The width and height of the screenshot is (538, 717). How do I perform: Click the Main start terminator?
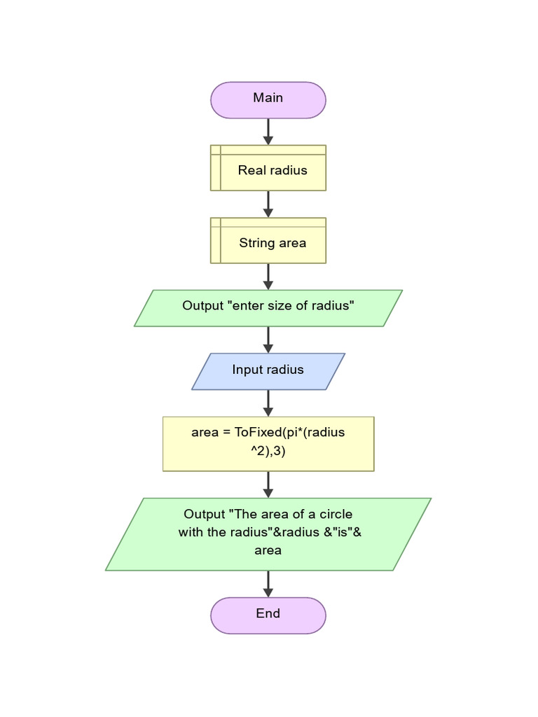[x=268, y=99]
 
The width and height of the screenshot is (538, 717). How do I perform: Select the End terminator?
[x=268, y=615]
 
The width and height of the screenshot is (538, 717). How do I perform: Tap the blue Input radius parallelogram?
[x=268, y=371]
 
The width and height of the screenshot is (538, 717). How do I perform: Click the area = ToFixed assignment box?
[x=268, y=444]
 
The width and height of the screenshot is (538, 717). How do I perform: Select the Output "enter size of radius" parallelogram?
[x=268, y=308]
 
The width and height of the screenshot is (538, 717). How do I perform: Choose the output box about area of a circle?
[x=268, y=534]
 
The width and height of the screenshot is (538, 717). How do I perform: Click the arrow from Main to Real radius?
[x=268, y=132]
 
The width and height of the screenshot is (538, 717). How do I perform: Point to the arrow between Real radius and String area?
[x=268, y=204]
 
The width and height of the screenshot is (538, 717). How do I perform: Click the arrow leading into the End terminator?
[x=268, y=584]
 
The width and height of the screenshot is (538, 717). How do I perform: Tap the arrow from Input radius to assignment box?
[x=268, y=403]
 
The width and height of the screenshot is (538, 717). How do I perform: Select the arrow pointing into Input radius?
[x=268, y=340]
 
